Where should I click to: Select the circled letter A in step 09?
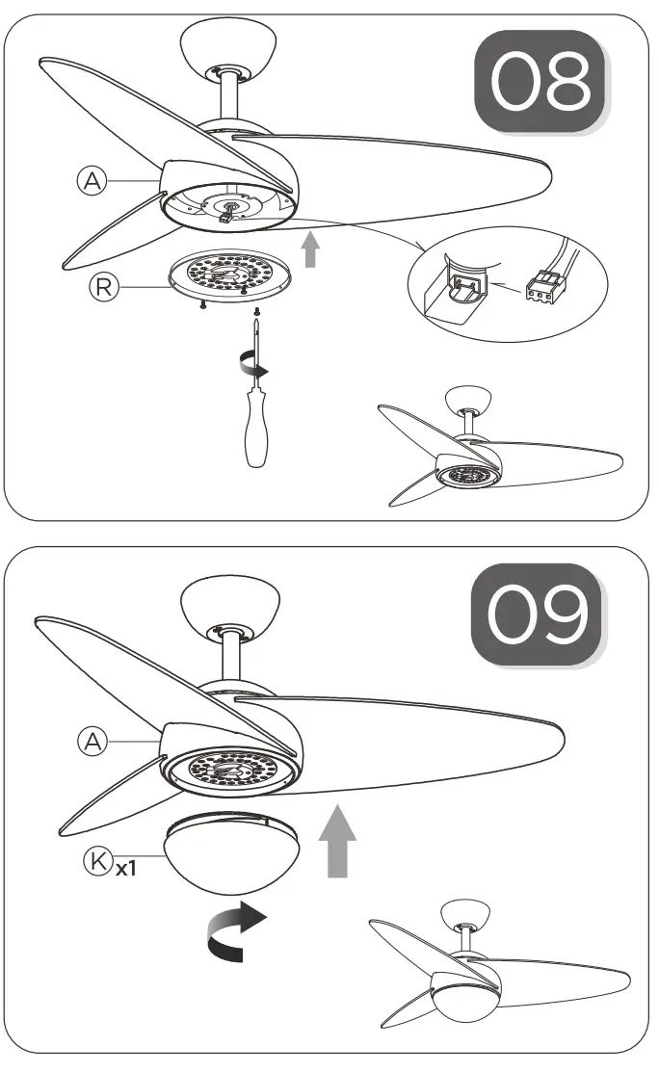(x=92, y=740)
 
